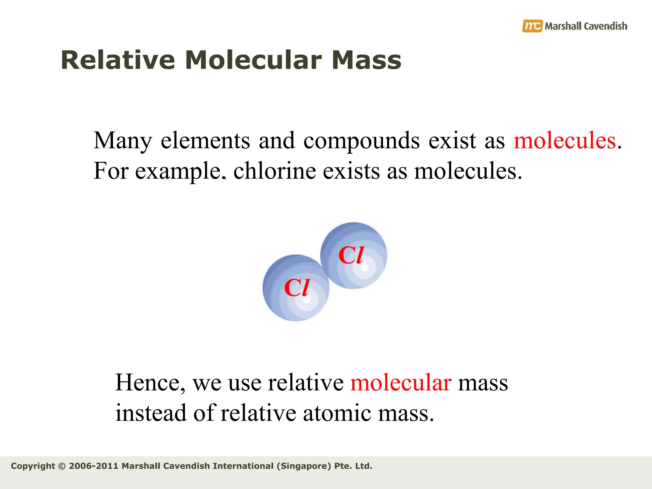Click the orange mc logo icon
532,26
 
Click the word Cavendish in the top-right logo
606,26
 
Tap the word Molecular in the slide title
253,60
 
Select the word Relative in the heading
118,60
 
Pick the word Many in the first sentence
123,141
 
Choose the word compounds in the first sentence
361,141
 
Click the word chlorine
274,171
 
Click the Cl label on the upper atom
351,255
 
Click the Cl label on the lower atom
296,288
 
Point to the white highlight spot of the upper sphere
365,267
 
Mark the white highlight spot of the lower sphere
307,300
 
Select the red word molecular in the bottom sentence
400,383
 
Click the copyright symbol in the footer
62,466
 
